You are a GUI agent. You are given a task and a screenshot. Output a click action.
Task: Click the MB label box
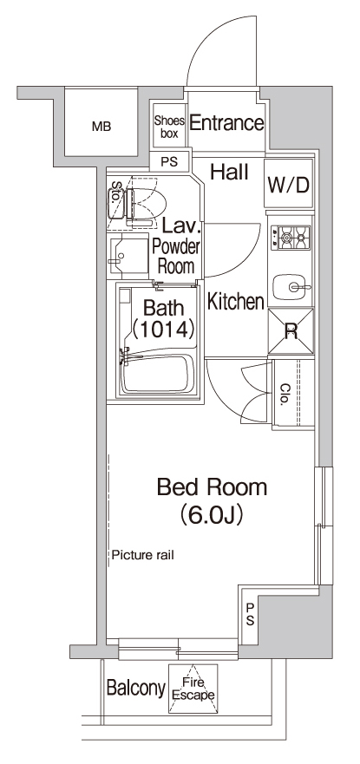point(101,127)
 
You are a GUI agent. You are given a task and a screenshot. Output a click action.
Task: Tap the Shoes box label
point(167,127)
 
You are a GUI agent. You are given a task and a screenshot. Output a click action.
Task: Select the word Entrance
point(226,124)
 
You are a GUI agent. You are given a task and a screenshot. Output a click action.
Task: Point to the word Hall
point(230,173)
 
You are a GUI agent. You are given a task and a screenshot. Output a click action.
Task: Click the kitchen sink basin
point(290,286)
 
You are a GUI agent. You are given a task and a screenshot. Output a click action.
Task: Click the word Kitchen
point(235,302)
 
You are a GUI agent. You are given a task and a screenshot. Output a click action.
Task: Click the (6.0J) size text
point(211,515)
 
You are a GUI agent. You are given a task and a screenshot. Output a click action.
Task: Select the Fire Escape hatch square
point(193,689)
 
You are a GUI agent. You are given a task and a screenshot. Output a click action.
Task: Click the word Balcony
point(135,689)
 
